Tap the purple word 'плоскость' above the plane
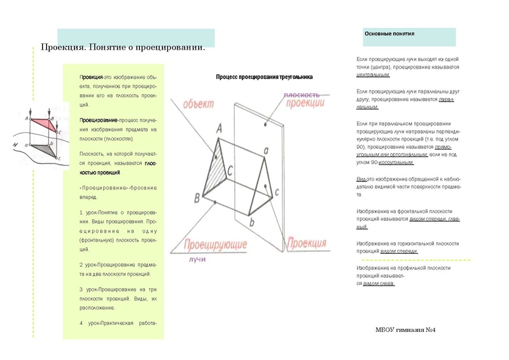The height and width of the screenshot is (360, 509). click(302, 95)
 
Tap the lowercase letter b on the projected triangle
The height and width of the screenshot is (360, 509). click(251, 222)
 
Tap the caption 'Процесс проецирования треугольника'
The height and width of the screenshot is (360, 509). click(264, 77)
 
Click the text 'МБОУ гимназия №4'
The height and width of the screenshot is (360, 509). click(405, 329)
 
